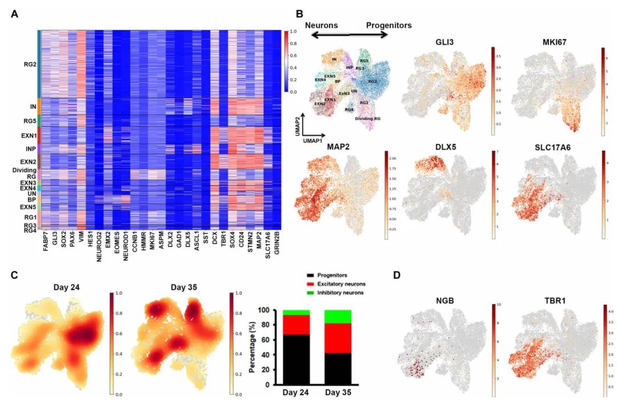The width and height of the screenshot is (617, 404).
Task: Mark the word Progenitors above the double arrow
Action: [388, 25]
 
